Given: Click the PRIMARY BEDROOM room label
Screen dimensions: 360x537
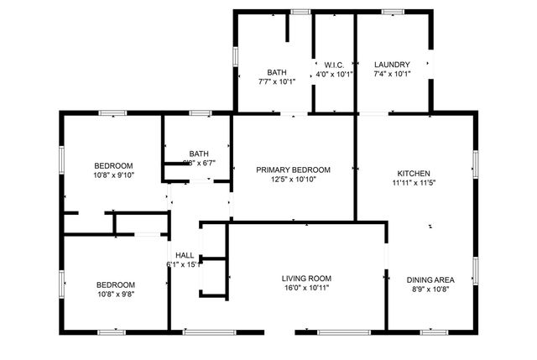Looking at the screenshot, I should (x=294, y=170).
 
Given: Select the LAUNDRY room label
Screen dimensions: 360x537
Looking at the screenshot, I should (x=392, y=65).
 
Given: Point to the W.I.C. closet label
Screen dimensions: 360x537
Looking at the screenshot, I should (x=334, y=65).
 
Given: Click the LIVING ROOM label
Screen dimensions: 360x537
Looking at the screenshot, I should (x=306, y=279).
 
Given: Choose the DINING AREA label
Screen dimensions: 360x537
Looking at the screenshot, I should (x=430, y=280).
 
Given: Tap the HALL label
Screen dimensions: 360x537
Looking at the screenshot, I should (x=185, y=255).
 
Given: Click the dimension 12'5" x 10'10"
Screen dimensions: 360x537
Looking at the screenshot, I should (x=294, y=180).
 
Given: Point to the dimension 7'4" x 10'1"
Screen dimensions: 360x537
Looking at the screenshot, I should (x=392, y=74).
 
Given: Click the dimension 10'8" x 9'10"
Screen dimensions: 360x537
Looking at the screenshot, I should (x=113, y=175).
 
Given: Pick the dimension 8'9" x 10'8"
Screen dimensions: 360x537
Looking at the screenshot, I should (x=430, y=290).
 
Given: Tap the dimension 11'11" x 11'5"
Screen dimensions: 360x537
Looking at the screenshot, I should (x=414, y=181).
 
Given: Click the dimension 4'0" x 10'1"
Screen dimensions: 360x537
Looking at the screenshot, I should (x=334, y=74).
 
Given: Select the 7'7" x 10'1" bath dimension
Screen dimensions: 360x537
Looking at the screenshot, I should (x=277, y=81).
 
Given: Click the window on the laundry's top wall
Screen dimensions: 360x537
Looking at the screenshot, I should (x=393, y=12).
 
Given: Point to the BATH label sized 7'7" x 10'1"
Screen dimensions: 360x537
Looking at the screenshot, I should (x=277, y=72).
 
